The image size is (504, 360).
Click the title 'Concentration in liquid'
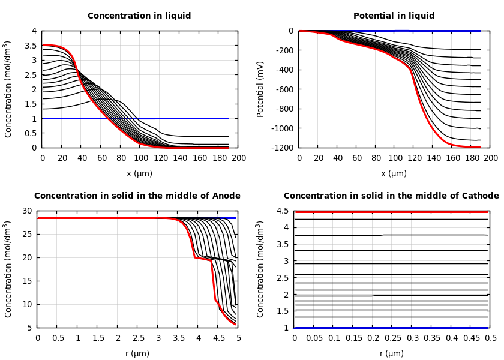[139, 16]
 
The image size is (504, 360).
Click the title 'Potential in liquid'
[394, 16]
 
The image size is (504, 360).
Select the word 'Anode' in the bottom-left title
[227, 196]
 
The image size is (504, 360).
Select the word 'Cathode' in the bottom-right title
[478, 196]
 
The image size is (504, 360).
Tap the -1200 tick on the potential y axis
[282, 148]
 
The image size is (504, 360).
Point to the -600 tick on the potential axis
[284, 89]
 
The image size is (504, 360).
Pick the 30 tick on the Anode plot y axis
[26, 211]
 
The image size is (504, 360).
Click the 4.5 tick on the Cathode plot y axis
[283, 211]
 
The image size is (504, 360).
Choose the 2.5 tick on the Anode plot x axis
[138, 338]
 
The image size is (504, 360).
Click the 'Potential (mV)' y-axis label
[260, 89]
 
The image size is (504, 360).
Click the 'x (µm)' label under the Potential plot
[394, 174]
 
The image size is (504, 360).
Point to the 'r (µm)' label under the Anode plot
[137, 354]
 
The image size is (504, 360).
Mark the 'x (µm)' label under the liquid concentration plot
[139, 174]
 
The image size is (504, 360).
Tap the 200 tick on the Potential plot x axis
[491, 158]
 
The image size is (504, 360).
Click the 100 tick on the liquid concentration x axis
[140, 158]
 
